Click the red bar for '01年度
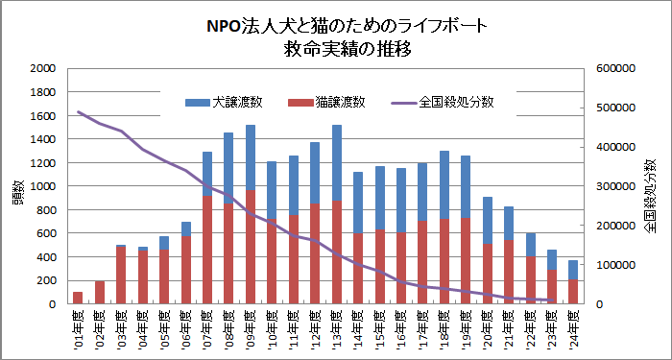[x=78, y=298]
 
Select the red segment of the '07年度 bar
[x=207, y=250]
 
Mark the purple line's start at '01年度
[x=79, y=112]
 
